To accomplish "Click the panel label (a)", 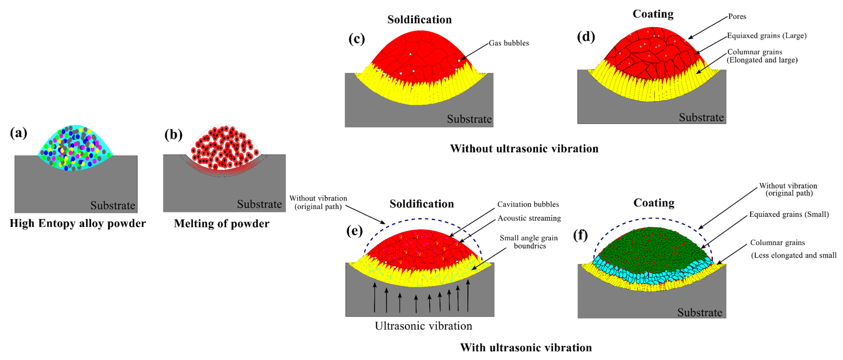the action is [18, 133].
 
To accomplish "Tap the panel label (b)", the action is [173, 135].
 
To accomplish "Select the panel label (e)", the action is [355, 231].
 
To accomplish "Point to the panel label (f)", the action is [581, 235].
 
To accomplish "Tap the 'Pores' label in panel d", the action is [737, 16].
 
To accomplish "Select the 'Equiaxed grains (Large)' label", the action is [766, 36].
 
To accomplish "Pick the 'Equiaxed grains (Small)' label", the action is [789, 214].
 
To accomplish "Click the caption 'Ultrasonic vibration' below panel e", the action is [423, 326].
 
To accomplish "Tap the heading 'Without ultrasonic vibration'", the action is [524, 149].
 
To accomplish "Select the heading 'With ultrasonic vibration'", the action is [526, 347].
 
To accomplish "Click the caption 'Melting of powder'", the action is [222, 223].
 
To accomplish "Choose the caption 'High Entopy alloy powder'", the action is [78, 223].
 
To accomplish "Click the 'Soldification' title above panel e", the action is [421, 204].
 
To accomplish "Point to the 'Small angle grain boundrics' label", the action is [529, 242].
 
